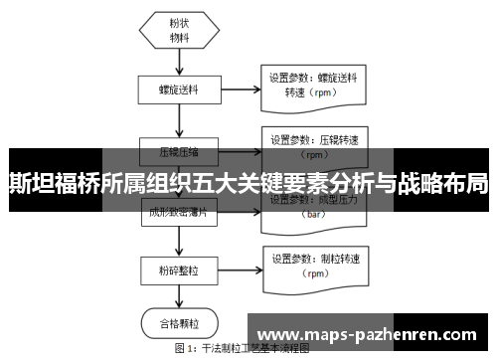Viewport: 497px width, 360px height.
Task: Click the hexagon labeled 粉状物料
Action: pos(179,31)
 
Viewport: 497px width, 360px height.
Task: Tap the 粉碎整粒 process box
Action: pos(179,270)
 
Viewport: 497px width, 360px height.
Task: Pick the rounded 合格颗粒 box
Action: pos(179,324)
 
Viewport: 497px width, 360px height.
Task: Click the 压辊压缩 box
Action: pos(179,152)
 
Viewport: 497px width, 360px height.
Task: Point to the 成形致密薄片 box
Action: pos(179,211)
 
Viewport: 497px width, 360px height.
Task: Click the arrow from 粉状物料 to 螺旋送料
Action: pos(179,62)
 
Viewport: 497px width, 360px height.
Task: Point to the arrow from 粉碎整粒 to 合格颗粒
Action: pos(179,298)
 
